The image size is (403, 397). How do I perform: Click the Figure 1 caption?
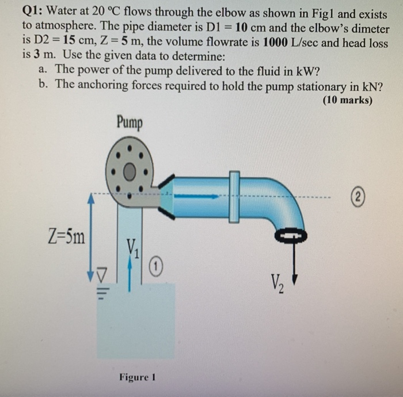tap(138, 377)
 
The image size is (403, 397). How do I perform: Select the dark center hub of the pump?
tap(130, 172)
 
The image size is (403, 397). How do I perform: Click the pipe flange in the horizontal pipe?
tap(234, 196)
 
